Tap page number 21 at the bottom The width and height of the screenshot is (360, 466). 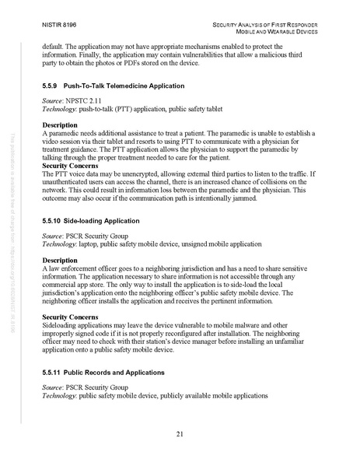(180, 433)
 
